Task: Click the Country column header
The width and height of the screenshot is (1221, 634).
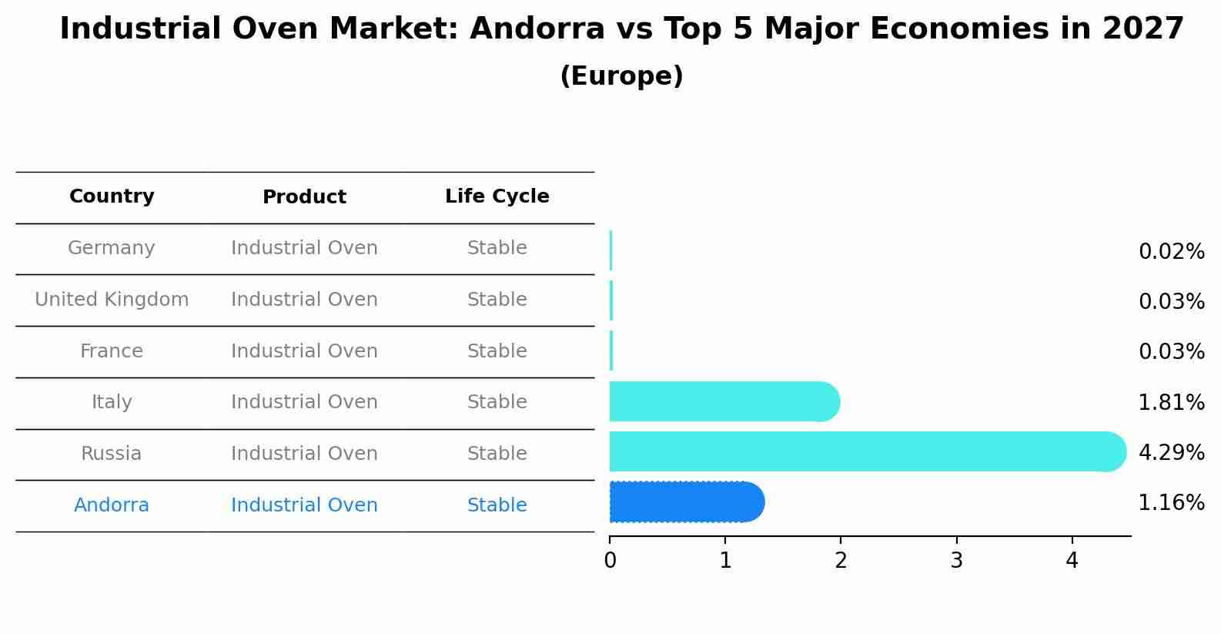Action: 112,196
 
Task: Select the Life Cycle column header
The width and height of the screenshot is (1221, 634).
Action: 497,196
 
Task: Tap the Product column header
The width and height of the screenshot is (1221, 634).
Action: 304,197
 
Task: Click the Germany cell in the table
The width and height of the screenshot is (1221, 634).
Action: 112,248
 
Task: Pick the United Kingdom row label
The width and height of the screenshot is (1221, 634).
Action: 112,300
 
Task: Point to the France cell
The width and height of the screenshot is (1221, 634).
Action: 112,351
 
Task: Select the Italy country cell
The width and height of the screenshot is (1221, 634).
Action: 112,402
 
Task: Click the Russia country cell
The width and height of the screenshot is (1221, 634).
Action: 112,454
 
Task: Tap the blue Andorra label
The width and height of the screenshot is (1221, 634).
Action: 112,505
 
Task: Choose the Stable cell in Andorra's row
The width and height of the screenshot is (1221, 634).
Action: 497,505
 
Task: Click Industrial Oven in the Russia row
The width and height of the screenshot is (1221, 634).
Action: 304,454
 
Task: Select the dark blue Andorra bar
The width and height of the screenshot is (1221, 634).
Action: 685,502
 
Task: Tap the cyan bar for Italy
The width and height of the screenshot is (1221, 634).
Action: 724,401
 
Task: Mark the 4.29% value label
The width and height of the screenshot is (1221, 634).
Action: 1171,452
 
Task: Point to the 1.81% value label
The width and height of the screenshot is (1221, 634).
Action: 1171,402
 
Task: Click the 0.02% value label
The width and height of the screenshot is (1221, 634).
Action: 1171,252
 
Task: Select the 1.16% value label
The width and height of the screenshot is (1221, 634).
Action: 1171,503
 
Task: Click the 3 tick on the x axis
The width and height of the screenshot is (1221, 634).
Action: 956,561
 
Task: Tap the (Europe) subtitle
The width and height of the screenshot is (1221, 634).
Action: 621,76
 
